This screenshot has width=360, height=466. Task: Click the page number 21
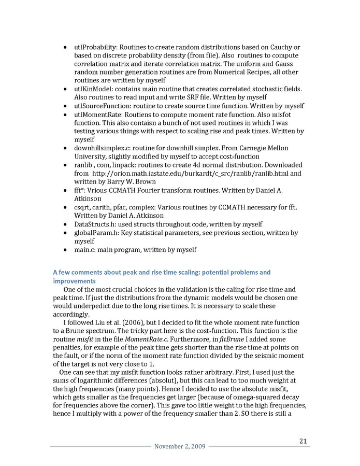click(304, 441)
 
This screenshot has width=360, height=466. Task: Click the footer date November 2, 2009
click(180, 447)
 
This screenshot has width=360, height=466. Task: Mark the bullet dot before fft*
click(64, 191)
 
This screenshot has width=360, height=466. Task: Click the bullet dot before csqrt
click(64, 207)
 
